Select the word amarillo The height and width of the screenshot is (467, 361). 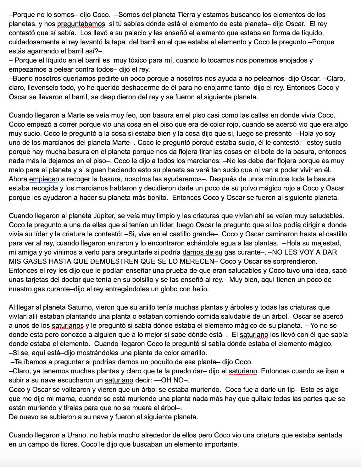coord(192,353)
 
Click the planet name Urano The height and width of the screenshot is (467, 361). coord(76,435)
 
